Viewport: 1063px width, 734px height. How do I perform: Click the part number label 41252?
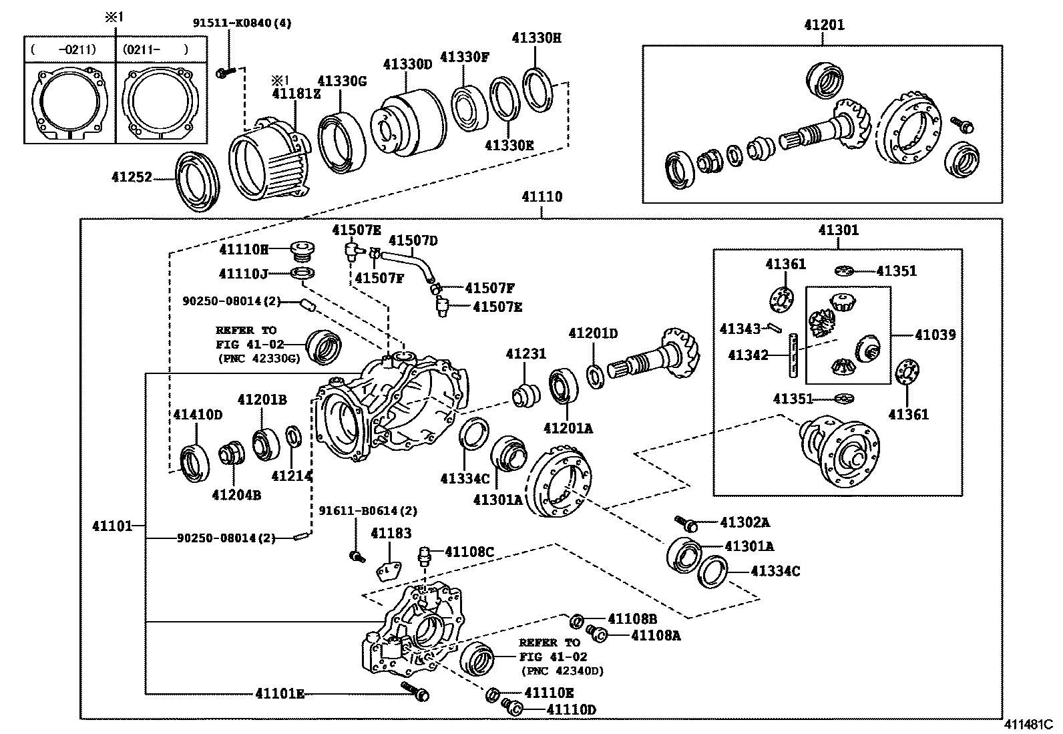click(x=132, y=178)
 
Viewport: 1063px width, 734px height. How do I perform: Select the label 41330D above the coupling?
click(x=407, y=64)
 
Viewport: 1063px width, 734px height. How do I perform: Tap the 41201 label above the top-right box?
click(x=824, y=25)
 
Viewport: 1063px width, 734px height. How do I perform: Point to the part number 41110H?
click(x=243, y=250)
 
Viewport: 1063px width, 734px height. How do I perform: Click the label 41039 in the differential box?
click(x=935, y=335)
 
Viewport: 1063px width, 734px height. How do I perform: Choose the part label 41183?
click(x=391, y=533)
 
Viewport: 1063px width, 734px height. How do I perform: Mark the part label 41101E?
click(x=279, y=694)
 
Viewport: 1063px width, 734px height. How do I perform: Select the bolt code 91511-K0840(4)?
click(x=242, y=23)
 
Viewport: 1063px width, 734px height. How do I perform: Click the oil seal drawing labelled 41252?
click(x=197, y=182)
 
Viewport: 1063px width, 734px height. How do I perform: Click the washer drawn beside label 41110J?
click(x=303, y=272)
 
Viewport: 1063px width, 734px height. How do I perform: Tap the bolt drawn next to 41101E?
click(x=415, y=691)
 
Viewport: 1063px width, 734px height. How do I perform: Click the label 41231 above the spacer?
click(x=525, y=354)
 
